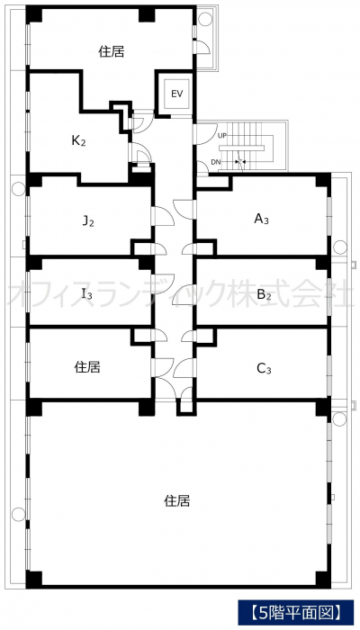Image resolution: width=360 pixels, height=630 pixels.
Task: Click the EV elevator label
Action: [x=176, y=94]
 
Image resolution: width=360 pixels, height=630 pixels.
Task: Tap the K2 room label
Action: [x=78, y=141]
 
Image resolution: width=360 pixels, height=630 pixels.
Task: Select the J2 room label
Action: [x=88, y=221]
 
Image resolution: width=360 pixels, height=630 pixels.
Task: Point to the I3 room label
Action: [x=87, y=294]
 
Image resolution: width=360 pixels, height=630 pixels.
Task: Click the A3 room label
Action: [x=261, y=219]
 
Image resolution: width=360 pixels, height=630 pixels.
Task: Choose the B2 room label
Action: [x=264, y=295]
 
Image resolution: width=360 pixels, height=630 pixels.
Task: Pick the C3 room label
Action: [x=264, y=368]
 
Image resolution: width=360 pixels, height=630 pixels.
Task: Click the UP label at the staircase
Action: [x=221, y=136]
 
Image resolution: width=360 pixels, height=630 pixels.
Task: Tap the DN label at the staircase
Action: [x=215, y=162]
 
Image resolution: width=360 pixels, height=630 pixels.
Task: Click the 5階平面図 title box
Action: [x=297, y=613]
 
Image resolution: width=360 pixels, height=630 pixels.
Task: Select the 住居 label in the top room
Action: [x=112, y=52]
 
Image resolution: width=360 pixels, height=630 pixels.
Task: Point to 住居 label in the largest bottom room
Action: [x=176, y=500]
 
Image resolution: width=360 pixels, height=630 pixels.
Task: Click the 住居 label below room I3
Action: [x=87, y=367]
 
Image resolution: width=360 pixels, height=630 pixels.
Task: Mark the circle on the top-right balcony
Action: [x=205, y=18]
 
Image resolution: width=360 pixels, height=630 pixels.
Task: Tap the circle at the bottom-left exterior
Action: [x=19, y=514]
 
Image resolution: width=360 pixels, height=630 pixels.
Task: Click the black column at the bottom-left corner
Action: [x=34, y=580]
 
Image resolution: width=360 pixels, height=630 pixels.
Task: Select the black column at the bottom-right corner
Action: [x=323, y=580]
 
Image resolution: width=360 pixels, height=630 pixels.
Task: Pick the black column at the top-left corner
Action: [x=34, y=14]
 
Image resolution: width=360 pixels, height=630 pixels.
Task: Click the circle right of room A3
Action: [x=340, y=247]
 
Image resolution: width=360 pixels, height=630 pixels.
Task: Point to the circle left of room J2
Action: [x=19, y=189]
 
